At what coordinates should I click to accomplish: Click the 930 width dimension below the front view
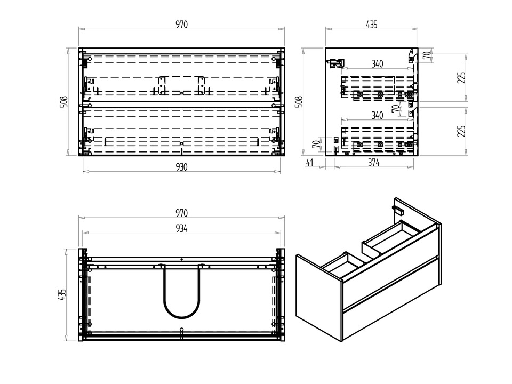click(x=181, y=167)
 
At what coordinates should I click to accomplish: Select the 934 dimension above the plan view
click(x=181, y=228)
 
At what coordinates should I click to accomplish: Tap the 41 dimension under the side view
click(x=309, y=162)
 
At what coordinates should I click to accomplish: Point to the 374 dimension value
click(x=374, y=162)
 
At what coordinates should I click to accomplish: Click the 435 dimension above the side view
click(x=372, y=25)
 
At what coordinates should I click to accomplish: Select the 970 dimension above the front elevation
click(x=181, y=25)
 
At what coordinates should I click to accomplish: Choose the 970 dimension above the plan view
click(x=181, y=213)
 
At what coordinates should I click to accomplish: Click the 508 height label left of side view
click(x=299, y=101)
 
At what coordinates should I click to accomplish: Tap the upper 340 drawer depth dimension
click(x=377, y=63)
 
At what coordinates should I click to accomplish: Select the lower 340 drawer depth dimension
click(x=377, y=115)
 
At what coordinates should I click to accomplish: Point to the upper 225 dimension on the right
click(x=461, y=78)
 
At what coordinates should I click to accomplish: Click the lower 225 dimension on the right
click(x=461, y=131)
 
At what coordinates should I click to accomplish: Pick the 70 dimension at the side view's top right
click(x=427, y=55)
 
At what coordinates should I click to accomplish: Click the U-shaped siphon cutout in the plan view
click(x=181, y=291)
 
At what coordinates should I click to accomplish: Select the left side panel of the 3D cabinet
click(x=319, y=298)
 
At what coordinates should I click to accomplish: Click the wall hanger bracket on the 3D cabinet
click(x=398, y=210)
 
